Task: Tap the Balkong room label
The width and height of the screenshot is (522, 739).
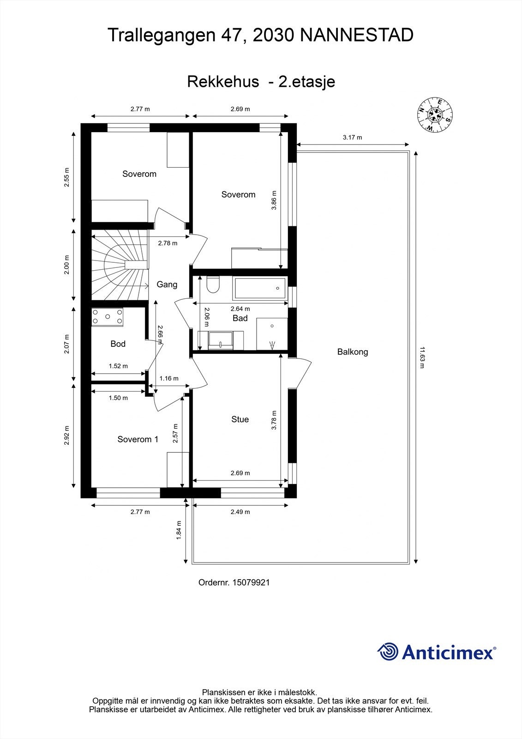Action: coord(353,352)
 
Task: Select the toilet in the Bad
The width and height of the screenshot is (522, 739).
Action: coord(213,285)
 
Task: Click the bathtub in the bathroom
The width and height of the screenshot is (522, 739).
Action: coord(260,288)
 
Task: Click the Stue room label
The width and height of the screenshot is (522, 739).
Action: coord(240,419)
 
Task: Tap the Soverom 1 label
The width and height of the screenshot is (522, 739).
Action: coord(138,439)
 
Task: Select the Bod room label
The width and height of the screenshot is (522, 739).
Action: coord(118,344)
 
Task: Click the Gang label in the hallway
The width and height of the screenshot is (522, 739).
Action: coord(167,285)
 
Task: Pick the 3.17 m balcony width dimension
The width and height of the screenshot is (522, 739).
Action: coord(352,137)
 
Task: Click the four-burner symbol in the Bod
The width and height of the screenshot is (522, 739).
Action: coord(108,317)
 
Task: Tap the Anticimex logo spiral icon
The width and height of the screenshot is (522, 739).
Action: coord(388,652)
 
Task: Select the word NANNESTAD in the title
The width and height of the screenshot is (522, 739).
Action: coord(357,35)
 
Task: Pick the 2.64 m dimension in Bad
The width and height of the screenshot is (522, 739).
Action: coord(240,309)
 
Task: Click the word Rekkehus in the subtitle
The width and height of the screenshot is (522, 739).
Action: coord(223,82)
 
